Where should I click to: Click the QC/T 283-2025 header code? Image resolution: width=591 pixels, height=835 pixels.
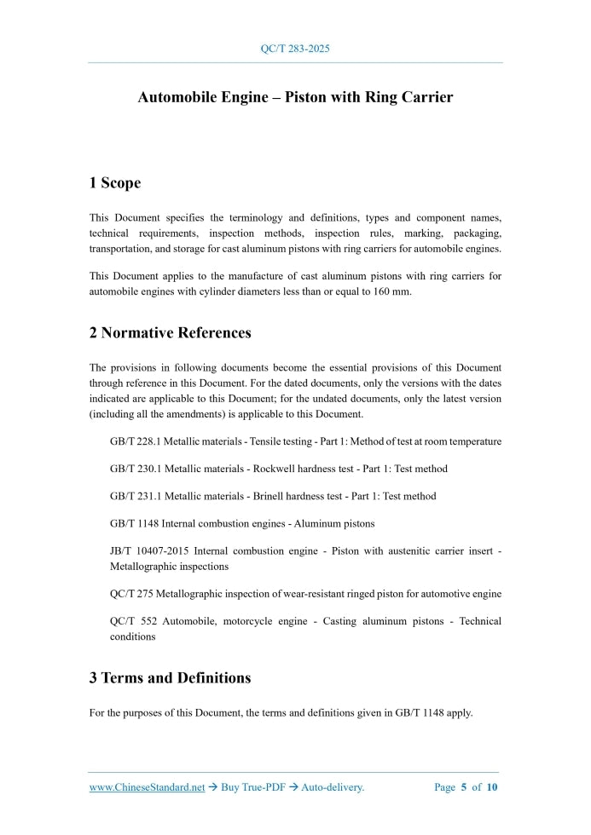coord(295,49)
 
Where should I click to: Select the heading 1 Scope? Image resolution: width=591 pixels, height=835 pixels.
coord(115,182)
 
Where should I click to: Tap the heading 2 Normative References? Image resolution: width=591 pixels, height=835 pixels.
coord(170,332)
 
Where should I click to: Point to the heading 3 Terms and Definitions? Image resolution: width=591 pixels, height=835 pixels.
coord(170,678)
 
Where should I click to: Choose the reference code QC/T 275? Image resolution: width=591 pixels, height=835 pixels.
coord(130,593)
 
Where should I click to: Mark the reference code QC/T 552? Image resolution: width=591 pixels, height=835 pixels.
coord(130,621)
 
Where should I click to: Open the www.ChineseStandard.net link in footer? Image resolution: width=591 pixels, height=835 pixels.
coord(147,787)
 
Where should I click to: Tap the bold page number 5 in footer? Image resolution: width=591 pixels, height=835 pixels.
coord(464,787)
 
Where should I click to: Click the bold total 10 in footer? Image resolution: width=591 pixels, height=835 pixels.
coord(492,787)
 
